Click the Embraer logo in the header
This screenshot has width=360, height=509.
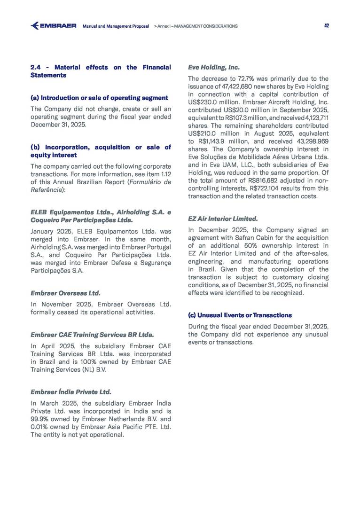pos(53,26)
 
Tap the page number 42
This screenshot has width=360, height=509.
pos(326,26)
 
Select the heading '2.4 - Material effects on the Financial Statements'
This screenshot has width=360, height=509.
pos(101,71)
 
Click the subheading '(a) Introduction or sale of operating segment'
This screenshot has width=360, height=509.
pos(99,98)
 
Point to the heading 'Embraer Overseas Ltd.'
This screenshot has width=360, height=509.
pos(65,293)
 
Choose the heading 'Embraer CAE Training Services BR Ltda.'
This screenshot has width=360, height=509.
pos(92,335)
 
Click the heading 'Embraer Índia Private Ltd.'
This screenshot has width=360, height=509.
pos(71,392)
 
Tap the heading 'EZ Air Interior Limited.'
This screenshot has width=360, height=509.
pos(223,219)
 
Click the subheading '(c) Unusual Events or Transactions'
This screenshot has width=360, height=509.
pos(240,315)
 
